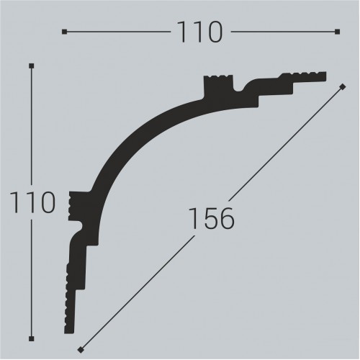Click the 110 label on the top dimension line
click(x=200, y=32)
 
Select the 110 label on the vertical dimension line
click(x=32, y=202)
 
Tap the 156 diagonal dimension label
click(x=211, y=219)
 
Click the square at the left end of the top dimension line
click(x=64, y=32)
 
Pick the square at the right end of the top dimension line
click(x=337, y=32)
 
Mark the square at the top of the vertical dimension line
click(x=31, y=66)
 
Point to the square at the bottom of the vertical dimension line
click(x=31, y=338)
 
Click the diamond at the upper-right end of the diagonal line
click(x=343, y=86)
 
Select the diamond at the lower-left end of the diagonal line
click(x=81, y=350)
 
